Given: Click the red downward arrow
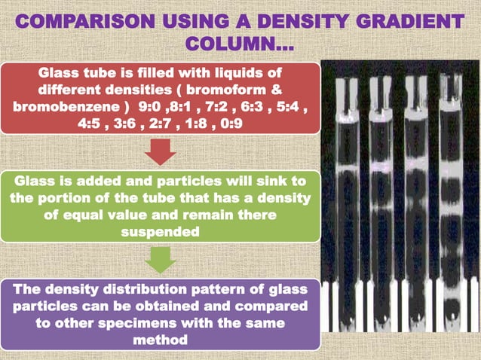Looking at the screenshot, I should pyautogui.click(x=161, y=155).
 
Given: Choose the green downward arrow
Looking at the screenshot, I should pyautogui.click(x=161, y=260).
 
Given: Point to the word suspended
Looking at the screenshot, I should pyautogui.click(x=161, y=232).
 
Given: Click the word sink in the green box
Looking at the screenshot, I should pyautogui.click(x=275, y=182).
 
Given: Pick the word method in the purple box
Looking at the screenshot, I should pyautogui.click(x=161, y=340).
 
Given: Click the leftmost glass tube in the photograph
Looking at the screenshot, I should pyautogui.click(x=345, y=188).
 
